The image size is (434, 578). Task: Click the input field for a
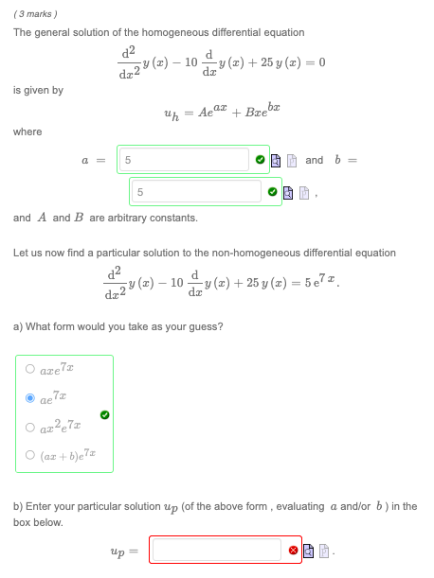[x=193, y=160]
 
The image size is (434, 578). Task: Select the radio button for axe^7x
[x=30, y=370]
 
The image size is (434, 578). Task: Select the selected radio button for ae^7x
[x=30, y=398]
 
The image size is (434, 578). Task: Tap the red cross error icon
[x=293, y=549]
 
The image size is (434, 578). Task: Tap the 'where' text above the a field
[x=27, y=131]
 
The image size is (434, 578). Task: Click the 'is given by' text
[x=39, y=90]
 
